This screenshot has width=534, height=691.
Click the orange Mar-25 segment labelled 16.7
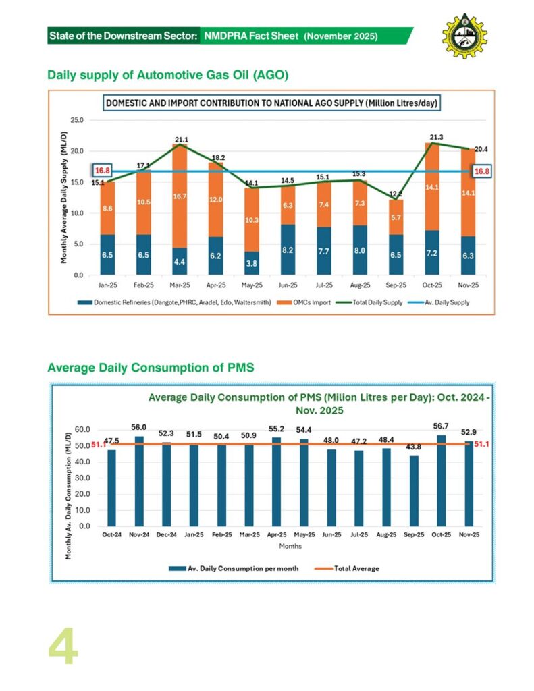[x=180, y=196]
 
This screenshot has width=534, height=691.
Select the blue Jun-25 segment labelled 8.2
[x=287, y=250]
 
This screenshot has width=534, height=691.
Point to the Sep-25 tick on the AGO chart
[x=396, y=285]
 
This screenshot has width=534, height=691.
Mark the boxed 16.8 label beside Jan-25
[x=103, y=171]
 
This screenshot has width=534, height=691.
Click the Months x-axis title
[x=290, y=546]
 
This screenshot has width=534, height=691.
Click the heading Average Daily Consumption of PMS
[x=150, y=368]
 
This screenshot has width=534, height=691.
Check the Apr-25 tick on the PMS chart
[x=277, y=535]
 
